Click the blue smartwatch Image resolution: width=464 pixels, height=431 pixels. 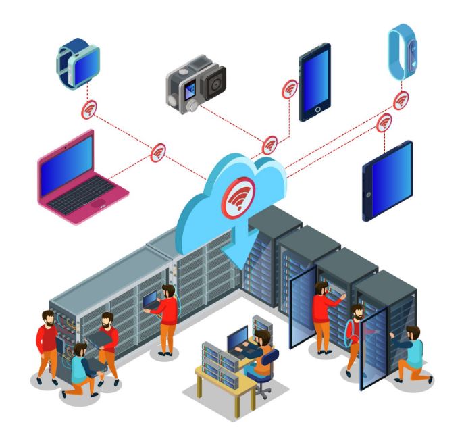(x=78, y=62)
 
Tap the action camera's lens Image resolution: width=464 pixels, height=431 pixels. (x=215, y=85)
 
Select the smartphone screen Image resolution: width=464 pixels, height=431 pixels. (x=315, y=81)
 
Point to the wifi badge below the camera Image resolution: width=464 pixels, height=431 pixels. (x=269, y=144)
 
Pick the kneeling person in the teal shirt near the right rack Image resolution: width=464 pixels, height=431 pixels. (x=409, y=355)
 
